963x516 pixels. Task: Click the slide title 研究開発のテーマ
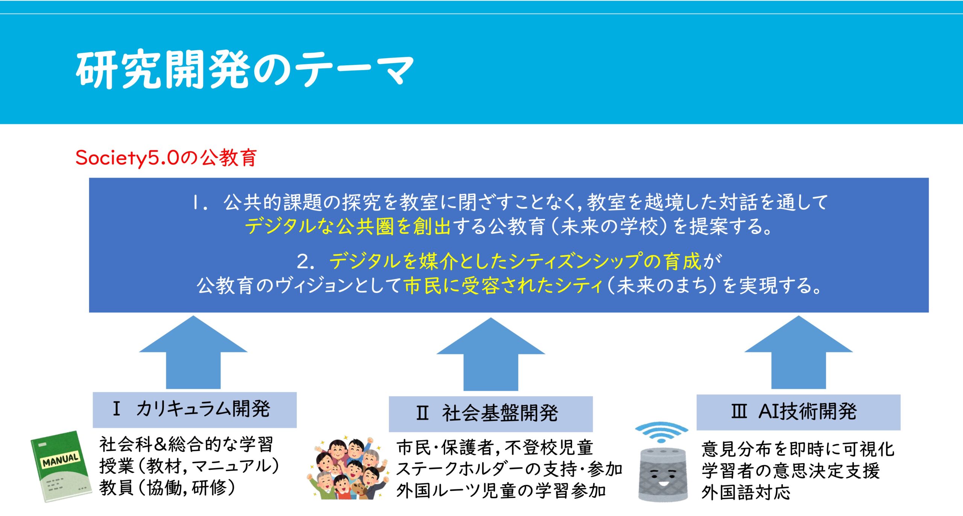click(245, 69)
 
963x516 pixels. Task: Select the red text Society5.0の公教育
click(166, 157)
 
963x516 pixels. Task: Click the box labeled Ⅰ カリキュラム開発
click(194, 410)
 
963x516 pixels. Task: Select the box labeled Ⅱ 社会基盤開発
click(491, 414)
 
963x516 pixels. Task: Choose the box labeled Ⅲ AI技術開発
click(798, 412)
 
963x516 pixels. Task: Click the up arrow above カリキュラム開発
click(193, 352)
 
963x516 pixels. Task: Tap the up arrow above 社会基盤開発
click(491, 354)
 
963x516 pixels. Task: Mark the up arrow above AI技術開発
click(799, 352)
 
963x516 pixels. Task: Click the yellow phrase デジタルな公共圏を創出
click(348, 227)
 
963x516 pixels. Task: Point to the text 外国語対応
click(746, 492)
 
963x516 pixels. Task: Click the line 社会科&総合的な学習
click(186, 445)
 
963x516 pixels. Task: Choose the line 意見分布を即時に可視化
click(798, 449)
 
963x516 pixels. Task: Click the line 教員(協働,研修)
click(167, 488)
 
